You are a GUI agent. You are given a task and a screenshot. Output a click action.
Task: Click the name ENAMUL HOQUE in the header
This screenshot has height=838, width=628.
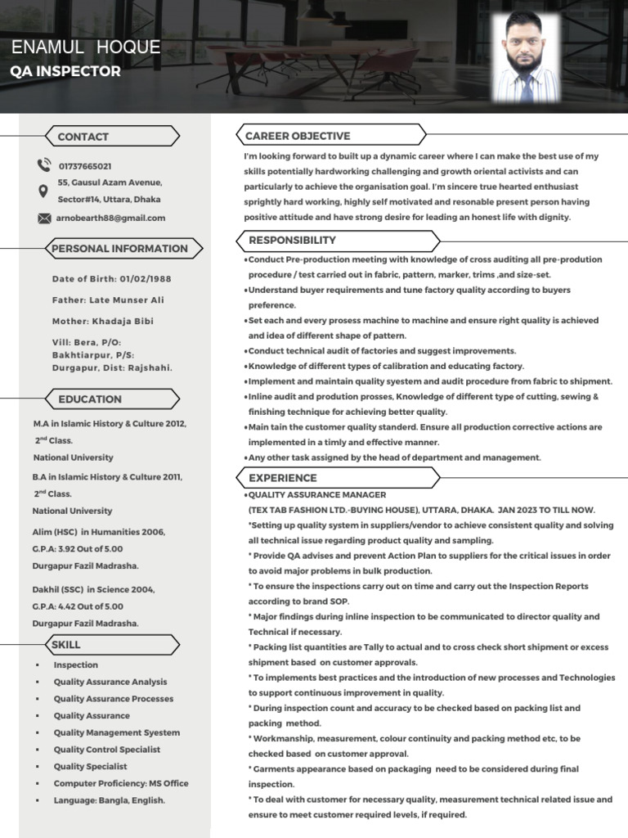pyautogui.click(x=86, y=47)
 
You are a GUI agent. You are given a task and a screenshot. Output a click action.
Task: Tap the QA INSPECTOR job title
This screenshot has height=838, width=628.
pyautogui.click(x=65, y=71)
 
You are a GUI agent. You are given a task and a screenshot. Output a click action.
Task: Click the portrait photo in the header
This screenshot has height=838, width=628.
pyautogui.click(x=526, y=57)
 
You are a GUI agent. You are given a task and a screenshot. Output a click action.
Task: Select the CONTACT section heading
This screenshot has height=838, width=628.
pyautogui.click(x=83, y=137)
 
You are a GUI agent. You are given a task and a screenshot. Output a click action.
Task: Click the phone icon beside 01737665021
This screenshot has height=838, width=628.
pyautogui.click(x=43, y=165)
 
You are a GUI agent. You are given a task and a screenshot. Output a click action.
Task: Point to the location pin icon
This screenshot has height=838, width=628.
pyautogui.click(x=43, y=191)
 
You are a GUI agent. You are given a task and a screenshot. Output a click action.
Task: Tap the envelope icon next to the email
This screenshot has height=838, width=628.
pyautogui.click(x=43, y=219)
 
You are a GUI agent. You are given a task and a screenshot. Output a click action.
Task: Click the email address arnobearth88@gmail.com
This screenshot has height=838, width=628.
pyautogui.click(x=110, y=219)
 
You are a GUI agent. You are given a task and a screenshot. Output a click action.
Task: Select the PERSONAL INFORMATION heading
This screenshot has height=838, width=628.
pyautogui.click(x=119, y=249)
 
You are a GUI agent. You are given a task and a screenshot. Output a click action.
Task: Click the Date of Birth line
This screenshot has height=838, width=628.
pyautogui.click(x=111, y=279)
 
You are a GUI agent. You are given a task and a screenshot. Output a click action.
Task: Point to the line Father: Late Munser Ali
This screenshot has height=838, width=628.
pyautogui.click(x=108, y=300)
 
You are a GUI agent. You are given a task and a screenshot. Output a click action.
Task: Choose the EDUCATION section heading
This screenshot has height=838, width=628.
pyautogui.click(x=90, y=399)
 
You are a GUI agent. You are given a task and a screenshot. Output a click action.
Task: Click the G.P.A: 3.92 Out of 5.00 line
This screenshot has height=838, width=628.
pyautogui.click(x=78, y=549)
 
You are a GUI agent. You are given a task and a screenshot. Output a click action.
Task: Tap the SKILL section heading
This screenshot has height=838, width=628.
pyautogui.click(x=66, y=645)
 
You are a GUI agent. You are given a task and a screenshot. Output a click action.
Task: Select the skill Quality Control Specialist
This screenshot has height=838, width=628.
pyautogui.click(x=107, y=750)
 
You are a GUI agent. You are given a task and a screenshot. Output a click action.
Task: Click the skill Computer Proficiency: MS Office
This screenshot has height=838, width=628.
pyautogui.click(x=121, y=783)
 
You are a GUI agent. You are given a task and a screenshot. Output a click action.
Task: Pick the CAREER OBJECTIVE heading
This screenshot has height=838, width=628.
pyautogui.click(x=298, y=136)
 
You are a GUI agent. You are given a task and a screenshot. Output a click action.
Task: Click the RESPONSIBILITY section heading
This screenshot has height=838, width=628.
pyautogui.click(x=292, y=241)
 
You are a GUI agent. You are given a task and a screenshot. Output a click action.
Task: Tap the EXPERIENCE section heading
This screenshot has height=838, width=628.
pyautogui.click(x=282, y=478)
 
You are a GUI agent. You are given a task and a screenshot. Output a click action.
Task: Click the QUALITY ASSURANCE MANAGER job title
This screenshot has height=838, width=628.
pyautogui.click(x=317, y=495)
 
